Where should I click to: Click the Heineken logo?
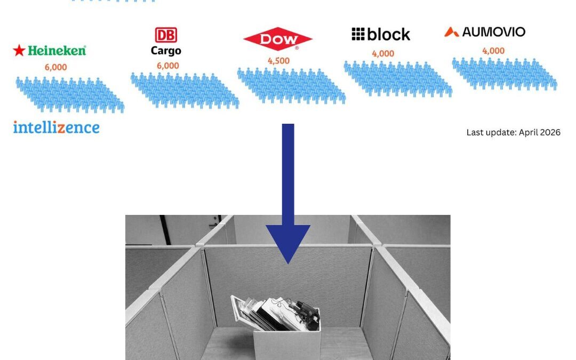tap(49, 50)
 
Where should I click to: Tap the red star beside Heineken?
tap(19, 50)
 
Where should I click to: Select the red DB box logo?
tap(166, 35)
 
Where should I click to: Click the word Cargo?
tap(166, 51)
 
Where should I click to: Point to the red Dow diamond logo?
tap(278, 39)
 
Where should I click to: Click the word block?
tap(388, 35)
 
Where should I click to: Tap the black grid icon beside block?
tap(358, 34)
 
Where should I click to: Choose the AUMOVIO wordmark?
tap(494, 32)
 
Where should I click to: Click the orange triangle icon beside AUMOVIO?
tap(452, 32)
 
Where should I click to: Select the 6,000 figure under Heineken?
tap(56, 67)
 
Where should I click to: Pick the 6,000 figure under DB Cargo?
tap(168, 66)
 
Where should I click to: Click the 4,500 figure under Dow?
tap(278, 61)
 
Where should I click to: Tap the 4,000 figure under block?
tap(383, 54)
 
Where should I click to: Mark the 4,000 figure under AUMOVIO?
tap(493, 51)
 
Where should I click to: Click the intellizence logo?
tap(56, 127)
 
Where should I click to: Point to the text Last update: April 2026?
tap(513, 132)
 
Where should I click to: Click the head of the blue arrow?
tap(288, 243)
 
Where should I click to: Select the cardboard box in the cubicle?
tap(286, 336)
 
